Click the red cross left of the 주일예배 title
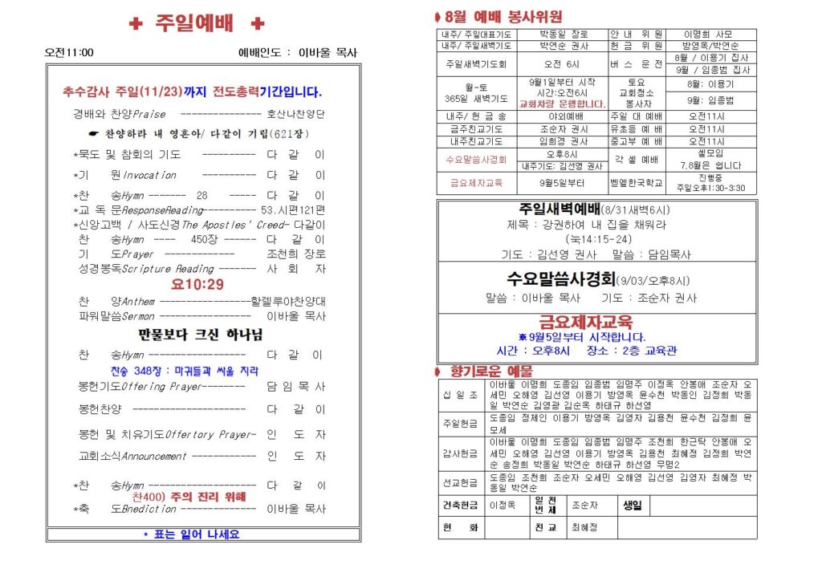pos(136,24)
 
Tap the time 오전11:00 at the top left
pos(69,53)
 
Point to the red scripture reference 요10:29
pos(197,284)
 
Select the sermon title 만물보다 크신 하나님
pos(200,335)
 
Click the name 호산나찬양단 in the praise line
pos(296,114)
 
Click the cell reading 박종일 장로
pos(564,35)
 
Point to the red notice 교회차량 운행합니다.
pos(563,104)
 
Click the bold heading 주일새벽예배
pos(547,209)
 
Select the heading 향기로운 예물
pos(481,372)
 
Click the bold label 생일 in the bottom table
pos(632,506)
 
